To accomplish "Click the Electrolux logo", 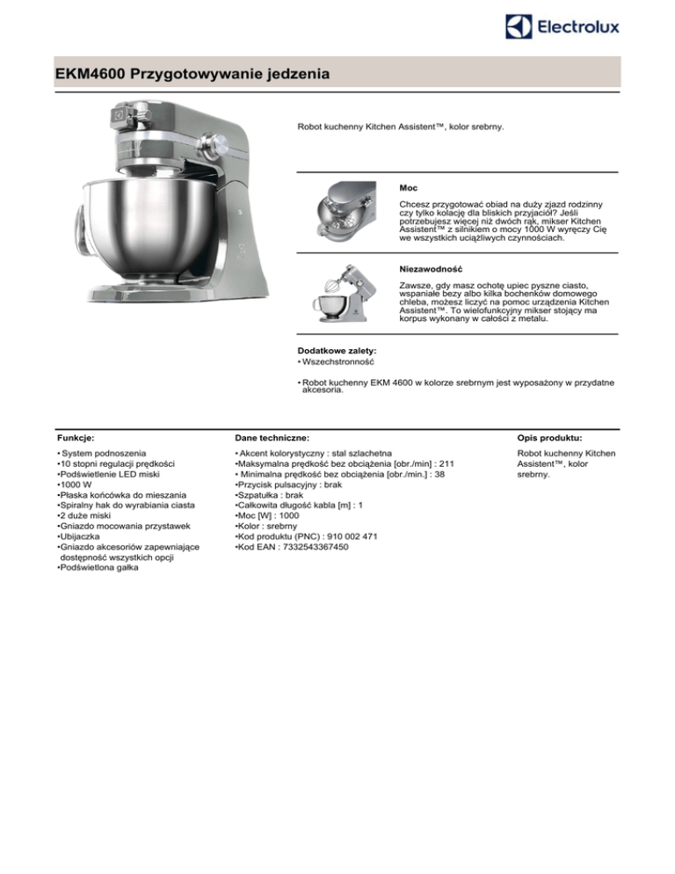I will pyautogui.click(x=563, y=26).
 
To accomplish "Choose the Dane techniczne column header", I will pyautogui.click(x=271, y=437).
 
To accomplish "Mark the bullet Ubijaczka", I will pyautogui.click(x=84, y=535).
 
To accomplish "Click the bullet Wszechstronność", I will pyautogui.click(x=337, y=361).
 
